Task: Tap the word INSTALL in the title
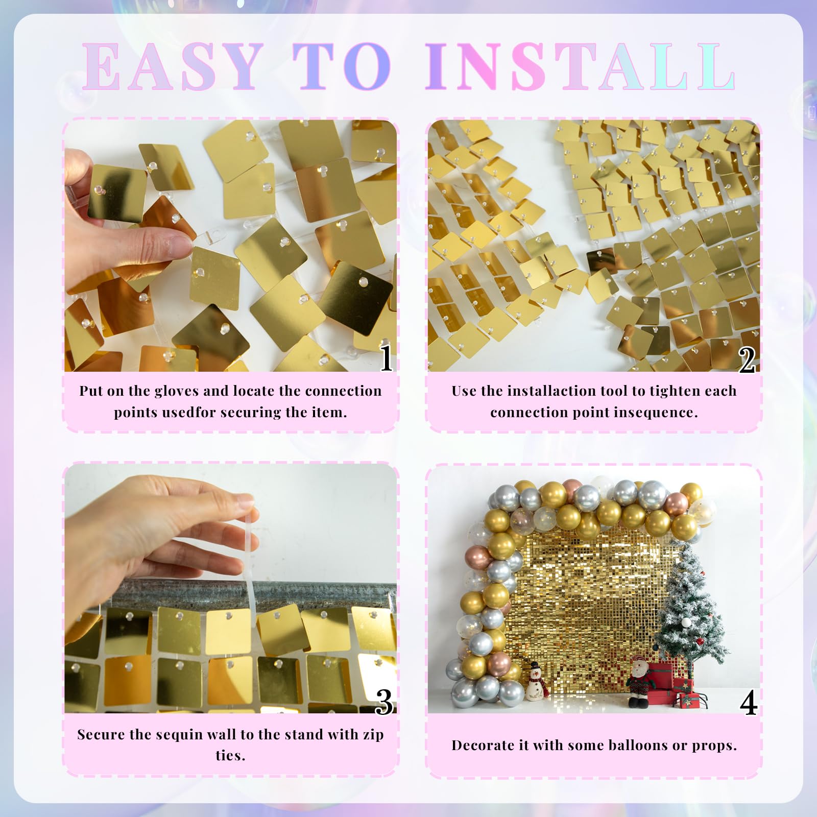[581, 67]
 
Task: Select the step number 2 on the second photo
[747, 360]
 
